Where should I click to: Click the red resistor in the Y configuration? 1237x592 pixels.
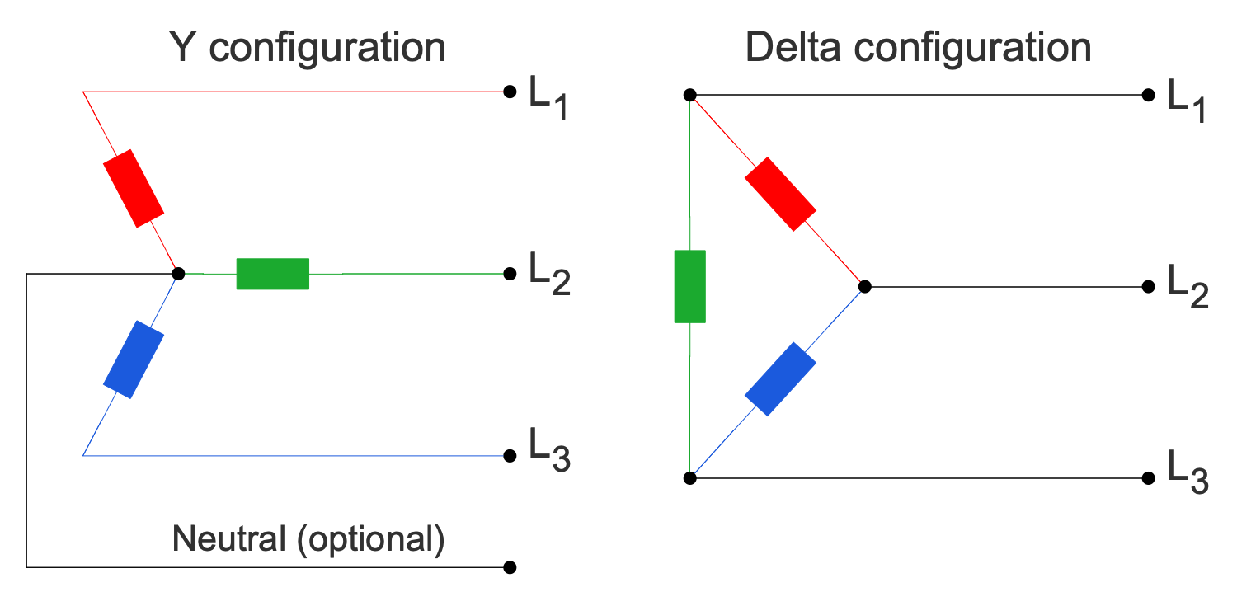133,188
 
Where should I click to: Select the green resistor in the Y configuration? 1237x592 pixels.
272,274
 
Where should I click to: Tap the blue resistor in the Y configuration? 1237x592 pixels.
134,360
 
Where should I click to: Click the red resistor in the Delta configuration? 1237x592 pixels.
780,194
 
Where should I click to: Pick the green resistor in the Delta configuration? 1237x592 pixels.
689,286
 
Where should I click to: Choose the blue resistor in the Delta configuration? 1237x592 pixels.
780,378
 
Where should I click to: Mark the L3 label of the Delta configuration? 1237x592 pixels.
1186,472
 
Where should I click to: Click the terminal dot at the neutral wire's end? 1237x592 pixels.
510,567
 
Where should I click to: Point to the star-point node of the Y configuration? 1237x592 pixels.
177,273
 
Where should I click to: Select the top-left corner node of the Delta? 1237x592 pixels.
690,95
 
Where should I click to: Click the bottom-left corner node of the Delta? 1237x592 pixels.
690,478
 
